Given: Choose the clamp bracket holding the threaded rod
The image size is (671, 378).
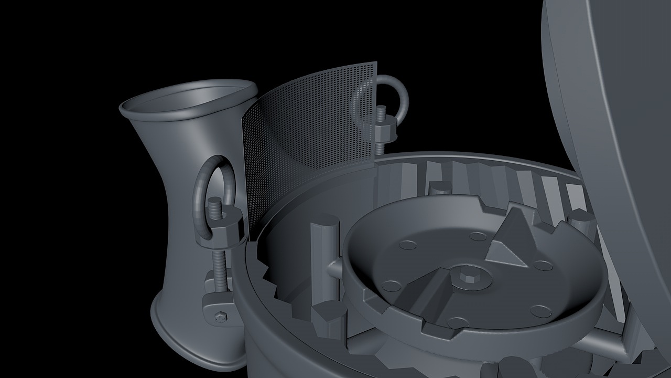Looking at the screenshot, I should click(220, 304).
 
